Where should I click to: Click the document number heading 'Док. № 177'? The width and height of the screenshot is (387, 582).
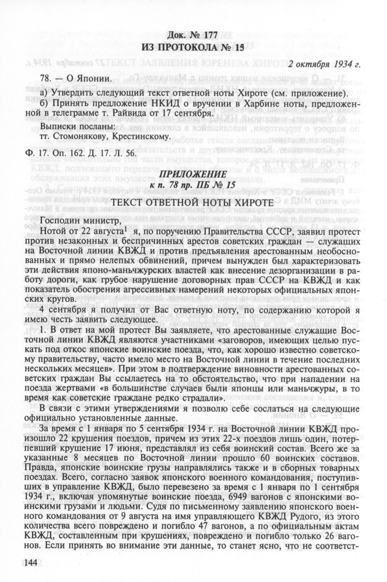pos(191,35)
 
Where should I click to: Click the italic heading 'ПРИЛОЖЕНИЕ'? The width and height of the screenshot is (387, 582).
pos(191,175)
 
